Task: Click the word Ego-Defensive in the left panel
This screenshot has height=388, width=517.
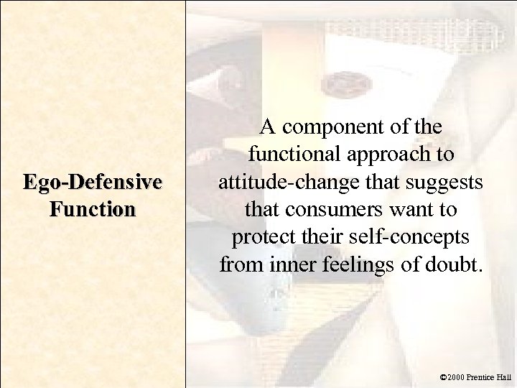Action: click(x=92, y=183)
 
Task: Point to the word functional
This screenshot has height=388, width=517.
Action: click(x=287, y=154)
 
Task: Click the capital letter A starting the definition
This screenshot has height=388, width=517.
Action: click(x=267, y=128)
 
